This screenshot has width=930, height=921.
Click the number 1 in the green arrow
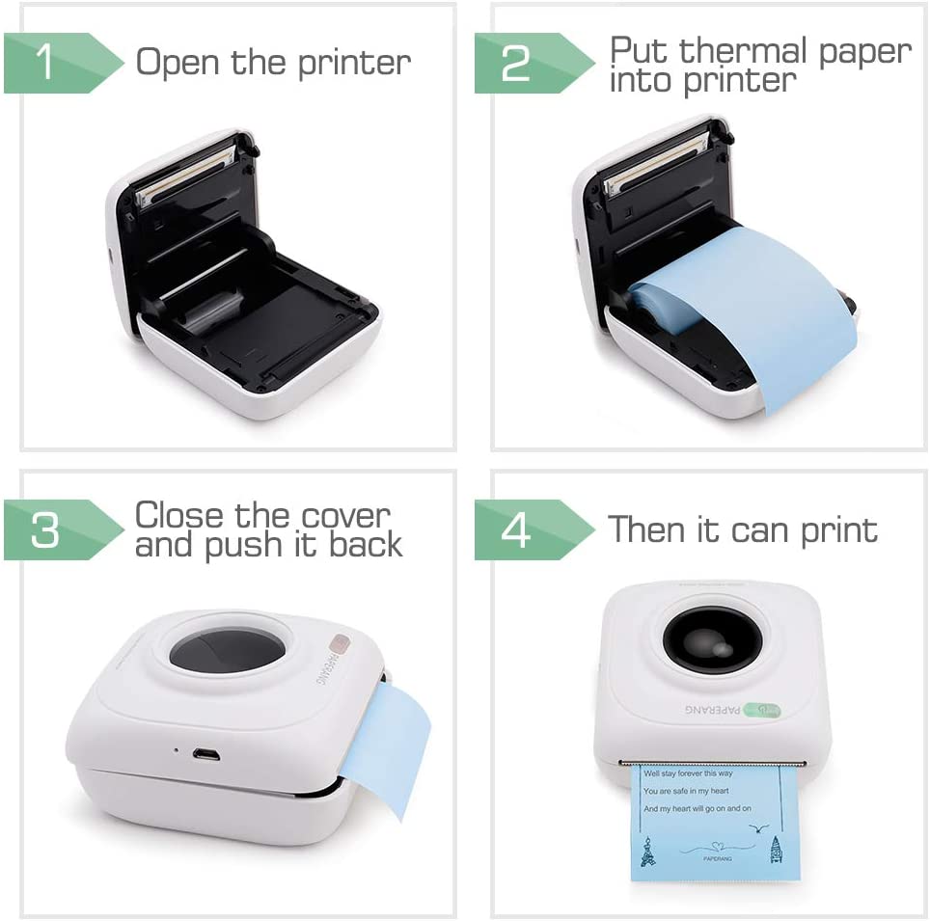(44, 63)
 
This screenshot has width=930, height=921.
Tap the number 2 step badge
(516, 63)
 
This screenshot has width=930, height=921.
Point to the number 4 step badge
(516, 529)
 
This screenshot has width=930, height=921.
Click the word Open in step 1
(179, 63)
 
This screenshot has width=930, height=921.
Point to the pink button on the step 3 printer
(338, 643)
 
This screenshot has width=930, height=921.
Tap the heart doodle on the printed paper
(713, 849)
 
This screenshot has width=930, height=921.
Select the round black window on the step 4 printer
(712, 638)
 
